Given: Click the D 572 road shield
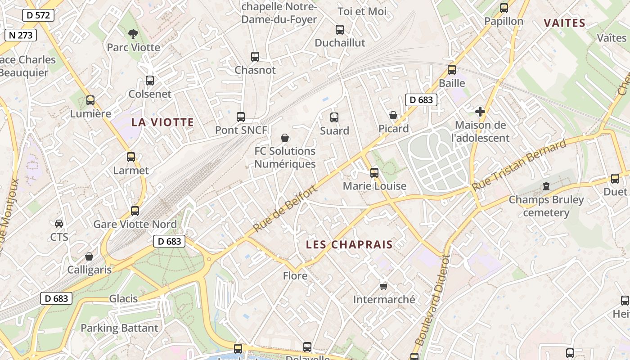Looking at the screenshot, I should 38,15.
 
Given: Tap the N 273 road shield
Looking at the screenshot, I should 21,35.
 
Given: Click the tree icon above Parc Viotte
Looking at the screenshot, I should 133,33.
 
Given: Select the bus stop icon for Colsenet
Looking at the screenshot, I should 150,81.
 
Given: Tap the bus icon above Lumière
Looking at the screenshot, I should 90,100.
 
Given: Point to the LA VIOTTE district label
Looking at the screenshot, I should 162,122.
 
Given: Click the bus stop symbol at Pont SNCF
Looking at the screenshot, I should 241,117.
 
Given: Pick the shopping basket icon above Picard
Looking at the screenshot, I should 393,115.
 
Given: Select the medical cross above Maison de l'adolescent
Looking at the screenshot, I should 480,111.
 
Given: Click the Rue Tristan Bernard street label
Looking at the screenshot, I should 519,165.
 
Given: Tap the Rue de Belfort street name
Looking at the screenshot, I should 285,208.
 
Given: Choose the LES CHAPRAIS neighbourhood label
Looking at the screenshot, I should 349,244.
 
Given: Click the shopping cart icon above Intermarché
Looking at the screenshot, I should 384,286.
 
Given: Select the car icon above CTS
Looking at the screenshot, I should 59,223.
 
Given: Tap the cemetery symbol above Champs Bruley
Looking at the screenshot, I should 546,186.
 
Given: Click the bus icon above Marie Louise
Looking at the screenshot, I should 374,172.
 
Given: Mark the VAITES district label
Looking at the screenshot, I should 564,23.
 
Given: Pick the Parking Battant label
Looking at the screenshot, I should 119,328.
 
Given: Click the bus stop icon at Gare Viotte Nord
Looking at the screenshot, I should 135,211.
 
